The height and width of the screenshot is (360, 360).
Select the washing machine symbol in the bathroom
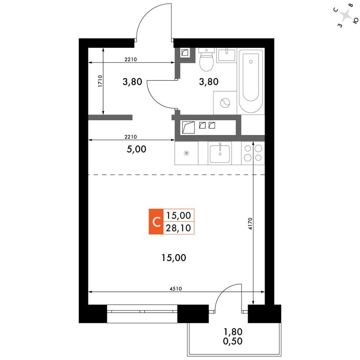point(225,103)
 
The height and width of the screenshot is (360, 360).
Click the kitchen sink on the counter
point(220,153)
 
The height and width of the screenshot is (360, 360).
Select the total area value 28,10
point(179,228)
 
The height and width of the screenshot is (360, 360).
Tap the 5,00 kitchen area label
point(137,149)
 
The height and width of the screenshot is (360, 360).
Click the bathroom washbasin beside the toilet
point(226,54)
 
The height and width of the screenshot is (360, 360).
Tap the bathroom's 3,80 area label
point(209,81)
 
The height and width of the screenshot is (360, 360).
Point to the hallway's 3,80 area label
point(133,81)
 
